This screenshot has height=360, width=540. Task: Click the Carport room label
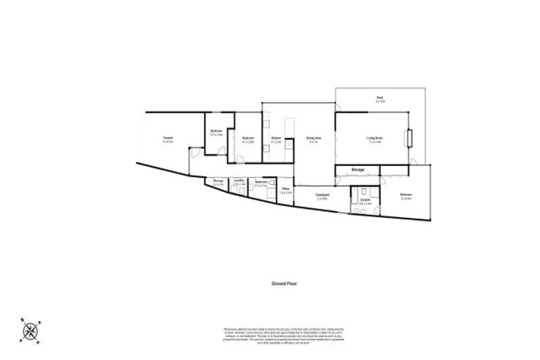pos(168,137)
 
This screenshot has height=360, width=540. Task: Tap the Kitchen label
pos(276,138)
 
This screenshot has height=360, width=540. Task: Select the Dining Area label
pos(313,138)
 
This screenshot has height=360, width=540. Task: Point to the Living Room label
pos(373,138)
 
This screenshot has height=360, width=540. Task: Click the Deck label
pos(379,97)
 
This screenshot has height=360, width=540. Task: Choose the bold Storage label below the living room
pos(358,170)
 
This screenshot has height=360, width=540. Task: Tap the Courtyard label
pos(323,195)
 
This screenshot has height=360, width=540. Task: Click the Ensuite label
pos(366,200)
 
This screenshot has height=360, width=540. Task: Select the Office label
pos(286,188)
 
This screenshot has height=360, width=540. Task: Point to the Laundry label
pos(239,181)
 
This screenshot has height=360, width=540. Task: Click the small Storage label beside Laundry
pos(218,181)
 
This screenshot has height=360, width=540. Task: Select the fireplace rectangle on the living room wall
pos(409,138)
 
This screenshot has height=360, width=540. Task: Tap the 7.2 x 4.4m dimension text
pos(373,143)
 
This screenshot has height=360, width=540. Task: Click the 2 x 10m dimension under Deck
pos(379,102)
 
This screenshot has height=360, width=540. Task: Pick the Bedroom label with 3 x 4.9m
pos(406,195)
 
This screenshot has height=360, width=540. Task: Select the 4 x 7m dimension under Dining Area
pos(313,143)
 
